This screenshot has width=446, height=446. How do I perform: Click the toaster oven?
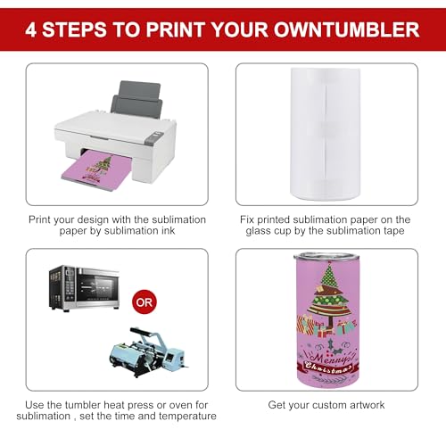point(85,288)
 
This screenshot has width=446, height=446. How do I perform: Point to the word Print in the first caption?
point(44,219)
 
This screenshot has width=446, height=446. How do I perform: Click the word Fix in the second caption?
point(251,219)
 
